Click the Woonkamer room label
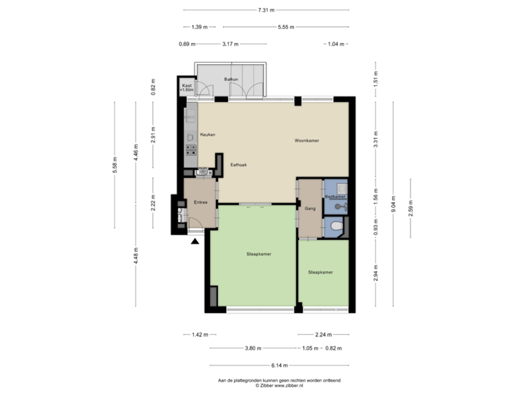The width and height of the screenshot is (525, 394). pyautogui.click(x=307, y=140)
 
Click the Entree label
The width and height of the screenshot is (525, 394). pyautogui.click(x=200, y=202)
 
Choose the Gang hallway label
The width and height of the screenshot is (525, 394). pyautogui.click(x=309, y=208)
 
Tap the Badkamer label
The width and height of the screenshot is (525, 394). pyautogui.click(x=335, y=197)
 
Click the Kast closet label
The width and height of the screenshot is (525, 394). pyautogui.click(x=187, y=86)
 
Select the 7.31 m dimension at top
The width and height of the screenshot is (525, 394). pyautogui.click(x=266, y=10)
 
